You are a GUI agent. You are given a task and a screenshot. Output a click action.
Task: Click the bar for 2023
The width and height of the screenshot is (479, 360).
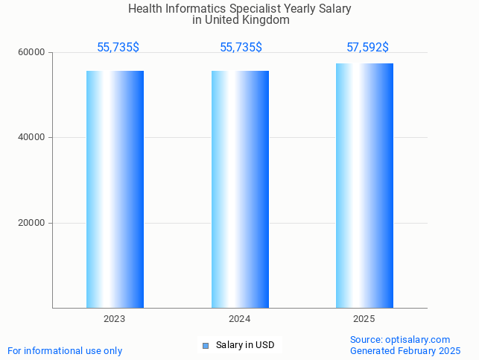click(115, 189)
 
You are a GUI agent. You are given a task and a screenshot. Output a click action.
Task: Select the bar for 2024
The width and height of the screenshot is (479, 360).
click(240, 189)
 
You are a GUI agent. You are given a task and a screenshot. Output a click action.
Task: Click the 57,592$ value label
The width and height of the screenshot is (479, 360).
click(367, 48)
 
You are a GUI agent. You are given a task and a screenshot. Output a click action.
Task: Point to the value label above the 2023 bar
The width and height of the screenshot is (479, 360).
click(118, 48)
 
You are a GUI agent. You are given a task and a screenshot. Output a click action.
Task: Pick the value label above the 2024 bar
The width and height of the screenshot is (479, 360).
click(241, 48)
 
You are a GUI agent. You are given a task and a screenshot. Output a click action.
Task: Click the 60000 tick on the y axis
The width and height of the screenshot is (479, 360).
click(32, 52)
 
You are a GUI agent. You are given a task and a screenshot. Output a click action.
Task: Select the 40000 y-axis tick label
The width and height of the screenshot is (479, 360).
click(32, 138)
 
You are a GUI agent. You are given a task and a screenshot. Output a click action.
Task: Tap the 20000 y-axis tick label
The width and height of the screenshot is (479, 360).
click(32, 223)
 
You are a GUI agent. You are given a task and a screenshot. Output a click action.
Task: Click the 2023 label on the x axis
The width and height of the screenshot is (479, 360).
click(114, 319)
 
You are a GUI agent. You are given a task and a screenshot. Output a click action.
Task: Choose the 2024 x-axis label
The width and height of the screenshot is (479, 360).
click(239, 319)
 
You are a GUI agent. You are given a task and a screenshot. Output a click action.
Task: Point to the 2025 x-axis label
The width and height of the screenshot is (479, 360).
click(364, 319)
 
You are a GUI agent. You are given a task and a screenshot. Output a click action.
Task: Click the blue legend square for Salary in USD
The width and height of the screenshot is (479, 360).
click(206, 345)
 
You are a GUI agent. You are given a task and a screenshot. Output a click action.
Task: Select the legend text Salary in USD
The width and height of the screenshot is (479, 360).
click(245, 345)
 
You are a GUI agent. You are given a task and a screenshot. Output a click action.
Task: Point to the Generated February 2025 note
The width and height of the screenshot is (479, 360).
click(405, 350)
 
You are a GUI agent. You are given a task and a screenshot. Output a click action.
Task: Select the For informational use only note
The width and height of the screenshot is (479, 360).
click(65, 350)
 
